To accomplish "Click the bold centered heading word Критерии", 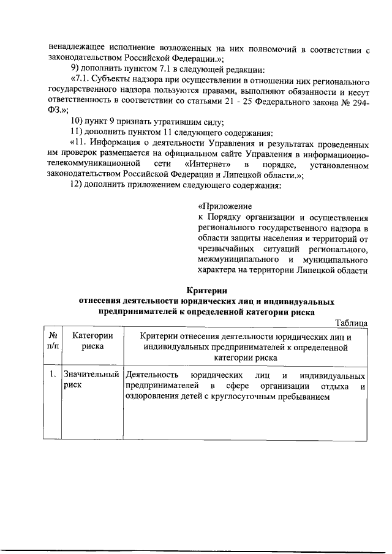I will pyautogui.click(x=207, y=291).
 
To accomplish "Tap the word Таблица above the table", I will pyautogui.click(x=351, y=323).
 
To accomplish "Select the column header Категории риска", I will pyautogui.click(x=92, y=341).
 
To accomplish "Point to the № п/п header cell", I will pyautogui.click(x=53, y=341).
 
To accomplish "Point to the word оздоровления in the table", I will pyautogui.click(x=153, y=397).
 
